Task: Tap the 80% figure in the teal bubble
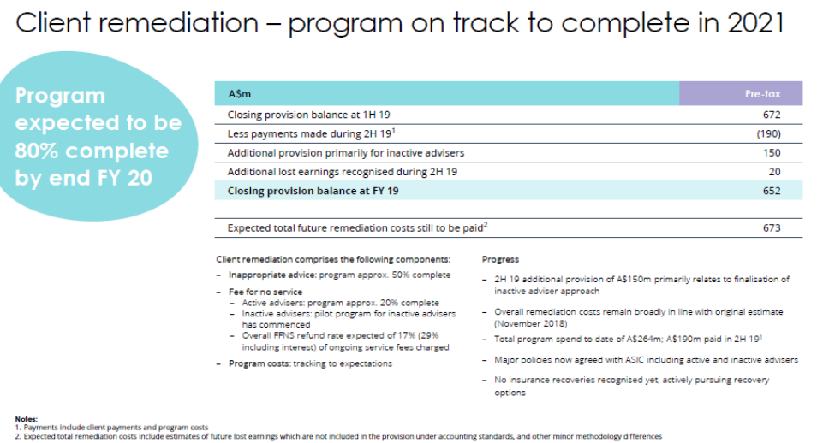pyautogui.click(x=38, y=151)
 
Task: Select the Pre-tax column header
pyautogui.click(x=760, y=93)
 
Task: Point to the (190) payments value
pyautogui.click(x=766, y=133)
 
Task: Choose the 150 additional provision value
pyautogui.click(x=771, y=152)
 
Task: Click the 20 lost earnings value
pyautogui.click(x=774, y=171)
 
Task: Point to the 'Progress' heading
pyautogui.click(x=500, y=259)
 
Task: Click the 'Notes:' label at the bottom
pyautogui.click(x=27, y=418)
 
